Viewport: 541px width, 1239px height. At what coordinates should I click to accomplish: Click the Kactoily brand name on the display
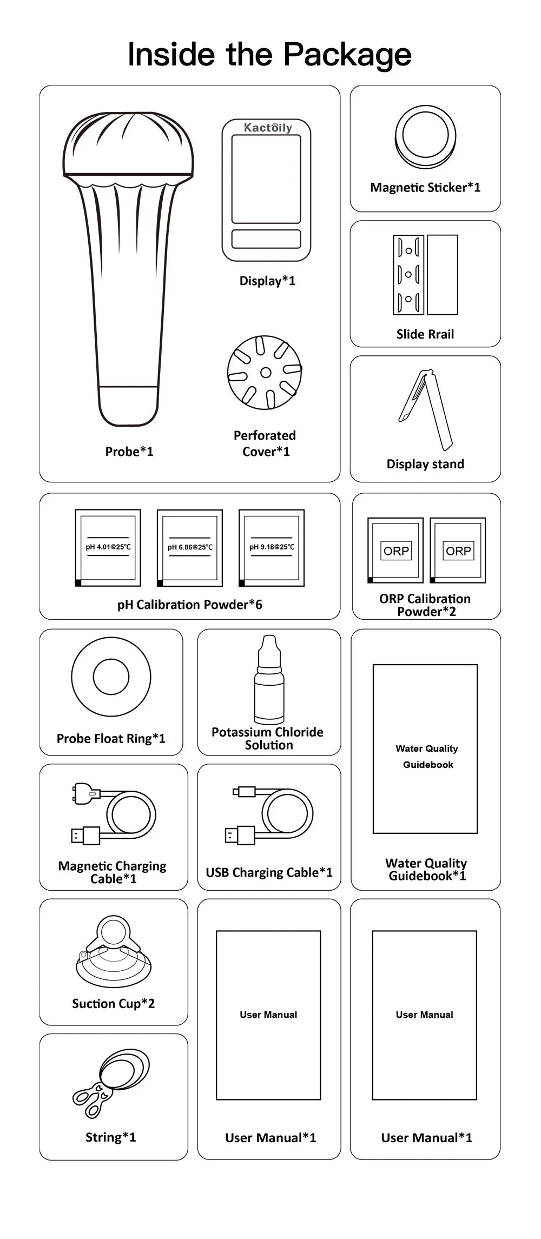click(x=268, y=128)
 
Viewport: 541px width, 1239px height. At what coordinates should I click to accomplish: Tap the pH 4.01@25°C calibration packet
click(x=108, y=547)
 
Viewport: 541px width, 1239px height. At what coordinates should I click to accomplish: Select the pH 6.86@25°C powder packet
click(x=190, y=547)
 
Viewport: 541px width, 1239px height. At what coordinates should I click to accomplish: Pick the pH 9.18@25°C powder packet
click(x=272, y=547)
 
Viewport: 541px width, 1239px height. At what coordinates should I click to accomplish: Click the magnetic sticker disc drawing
click(x=426, y=136)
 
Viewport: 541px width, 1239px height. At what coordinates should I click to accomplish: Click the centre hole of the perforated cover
click(x=266, y=372)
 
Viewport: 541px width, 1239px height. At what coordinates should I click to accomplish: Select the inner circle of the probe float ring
click(x=111, y=677)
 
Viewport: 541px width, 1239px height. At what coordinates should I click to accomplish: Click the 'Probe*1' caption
click(x=129, y=452)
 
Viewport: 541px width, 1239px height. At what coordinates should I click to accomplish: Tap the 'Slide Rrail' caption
click(x=425, y=334)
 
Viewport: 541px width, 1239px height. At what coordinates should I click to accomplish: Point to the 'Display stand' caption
click(x=425, y=464)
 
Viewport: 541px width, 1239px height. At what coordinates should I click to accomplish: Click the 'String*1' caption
click(x=111, y=1137)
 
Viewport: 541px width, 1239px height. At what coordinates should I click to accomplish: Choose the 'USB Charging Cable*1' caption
click(x=269, y=872)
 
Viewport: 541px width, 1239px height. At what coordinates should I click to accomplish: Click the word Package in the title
click(x=347, y=55)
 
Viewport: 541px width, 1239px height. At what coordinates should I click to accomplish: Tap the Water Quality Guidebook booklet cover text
click(x=427, y=756)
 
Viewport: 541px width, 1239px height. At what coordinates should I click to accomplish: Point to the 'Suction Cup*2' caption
click(x=114, y=1004)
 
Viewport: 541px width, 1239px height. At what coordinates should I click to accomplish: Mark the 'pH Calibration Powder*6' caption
click(x=190, y=605)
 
